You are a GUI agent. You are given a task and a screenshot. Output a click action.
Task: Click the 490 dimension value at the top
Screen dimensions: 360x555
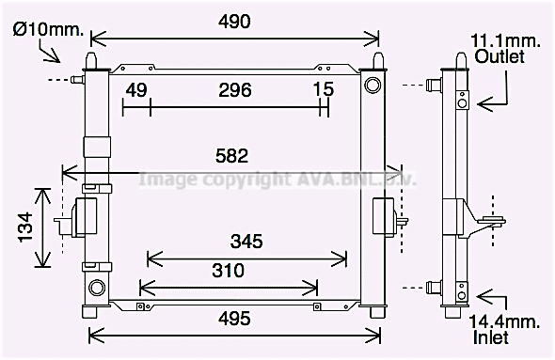[234, 23]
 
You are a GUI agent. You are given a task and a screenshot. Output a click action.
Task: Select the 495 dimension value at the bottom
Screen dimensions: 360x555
[234, 320]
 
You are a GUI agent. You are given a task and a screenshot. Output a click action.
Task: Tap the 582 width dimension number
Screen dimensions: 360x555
[230, 156]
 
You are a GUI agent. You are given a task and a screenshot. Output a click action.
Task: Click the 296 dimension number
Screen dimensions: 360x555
[235, 90]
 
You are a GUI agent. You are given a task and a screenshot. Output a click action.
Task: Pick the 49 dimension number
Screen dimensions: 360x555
[136, 90]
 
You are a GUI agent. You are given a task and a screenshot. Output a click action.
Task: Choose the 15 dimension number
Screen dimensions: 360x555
[323, 90]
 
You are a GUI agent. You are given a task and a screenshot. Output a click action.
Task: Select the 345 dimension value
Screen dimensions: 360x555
[246, 242]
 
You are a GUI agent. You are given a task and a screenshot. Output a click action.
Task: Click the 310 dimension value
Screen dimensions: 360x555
[228, 272]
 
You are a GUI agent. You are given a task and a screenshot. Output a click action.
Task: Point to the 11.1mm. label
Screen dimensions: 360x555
[506, 40]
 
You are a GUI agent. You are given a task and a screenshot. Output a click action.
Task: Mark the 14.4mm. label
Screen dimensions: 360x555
[506, 322]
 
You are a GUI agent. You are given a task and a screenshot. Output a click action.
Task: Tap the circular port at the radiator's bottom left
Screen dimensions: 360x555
[95, 287]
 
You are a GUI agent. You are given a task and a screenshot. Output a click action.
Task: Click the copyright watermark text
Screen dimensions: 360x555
[277, 179]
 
